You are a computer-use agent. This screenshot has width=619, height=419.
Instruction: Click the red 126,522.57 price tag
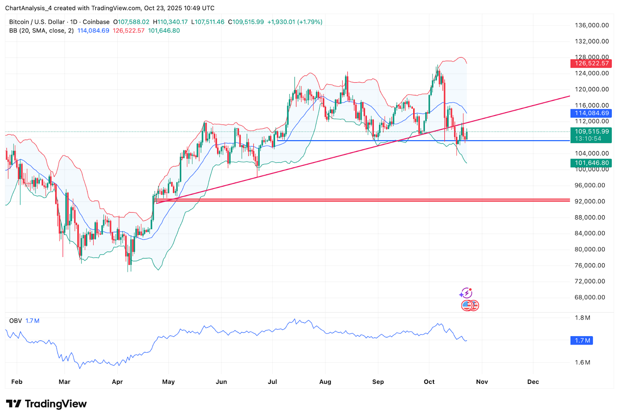tap(591, 63)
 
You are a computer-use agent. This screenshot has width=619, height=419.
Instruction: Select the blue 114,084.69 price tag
tap(591, 113)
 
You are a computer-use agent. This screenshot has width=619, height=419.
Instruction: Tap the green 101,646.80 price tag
tap(591, 163)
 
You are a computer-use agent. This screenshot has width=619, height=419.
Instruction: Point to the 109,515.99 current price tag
tap(591, 132)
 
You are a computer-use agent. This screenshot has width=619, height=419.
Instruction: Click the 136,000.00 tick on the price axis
tap(592, 26)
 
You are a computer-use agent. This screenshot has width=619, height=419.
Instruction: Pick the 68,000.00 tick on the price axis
tap(590, 297)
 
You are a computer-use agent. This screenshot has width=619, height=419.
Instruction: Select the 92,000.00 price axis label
tap(590, 201)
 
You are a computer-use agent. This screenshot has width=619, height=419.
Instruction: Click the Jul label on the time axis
tap(272, 382)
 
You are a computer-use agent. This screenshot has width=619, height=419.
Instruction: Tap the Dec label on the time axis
tap(533, 382)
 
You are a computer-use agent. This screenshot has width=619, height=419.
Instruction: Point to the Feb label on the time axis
tap(17, 382)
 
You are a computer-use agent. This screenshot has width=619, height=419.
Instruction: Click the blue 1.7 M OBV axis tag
tap(582, 341)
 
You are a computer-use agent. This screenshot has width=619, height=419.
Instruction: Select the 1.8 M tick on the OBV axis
tap(582, 318)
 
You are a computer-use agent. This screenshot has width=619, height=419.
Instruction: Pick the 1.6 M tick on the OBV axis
tap(582, 363)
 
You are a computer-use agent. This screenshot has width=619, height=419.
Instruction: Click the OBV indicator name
tap(15, 321)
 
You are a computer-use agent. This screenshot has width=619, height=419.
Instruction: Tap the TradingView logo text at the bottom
tap(55, 404)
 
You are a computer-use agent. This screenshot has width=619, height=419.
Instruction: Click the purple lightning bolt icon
tap(466, 293)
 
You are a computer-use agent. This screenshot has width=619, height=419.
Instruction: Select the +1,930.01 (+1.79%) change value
tap(295, 22)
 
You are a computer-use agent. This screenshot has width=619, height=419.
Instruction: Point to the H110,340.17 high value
tap(170, 22)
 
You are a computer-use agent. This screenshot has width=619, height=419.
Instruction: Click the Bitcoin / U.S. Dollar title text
tap(37, 22)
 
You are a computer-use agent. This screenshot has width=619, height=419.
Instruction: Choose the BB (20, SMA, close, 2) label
tap(41, 31)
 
